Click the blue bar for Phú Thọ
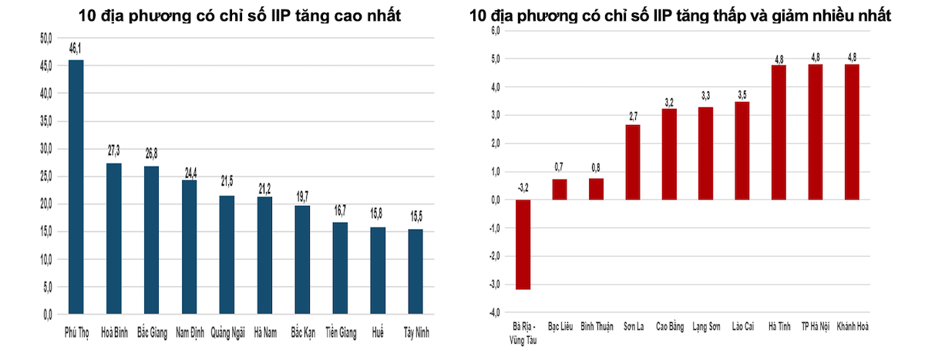pyautogui.click(x=76, y=187)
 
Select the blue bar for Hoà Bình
pyautogui.click(x=114, y=238)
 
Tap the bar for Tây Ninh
pyautogui.click(x=415, y=271)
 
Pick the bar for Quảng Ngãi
pyautogui.click(x=227, y=254)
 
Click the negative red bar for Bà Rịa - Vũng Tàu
pyautogui.click(x=523, y=244)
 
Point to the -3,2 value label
pyautogui.click(x=523, y=187)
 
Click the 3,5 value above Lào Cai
pyautogui.click(x=742, y=95)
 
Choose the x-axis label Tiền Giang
pyautogui.click(x=340, y=333)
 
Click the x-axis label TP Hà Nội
pyautogui.click(x=816, y=327)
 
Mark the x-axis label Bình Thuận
pyautogui.click(x=597, y=327)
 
